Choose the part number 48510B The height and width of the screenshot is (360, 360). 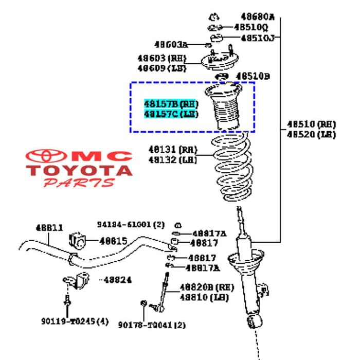click(252, 76)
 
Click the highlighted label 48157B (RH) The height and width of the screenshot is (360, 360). click(171, 104)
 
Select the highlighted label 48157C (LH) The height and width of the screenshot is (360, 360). click(171, 114)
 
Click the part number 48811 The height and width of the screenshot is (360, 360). click(49, 227)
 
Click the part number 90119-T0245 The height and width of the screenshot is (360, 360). click(75, 321)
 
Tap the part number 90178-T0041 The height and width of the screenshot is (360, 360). click(151, 325)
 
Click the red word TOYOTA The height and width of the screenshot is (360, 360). click(80, 170)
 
